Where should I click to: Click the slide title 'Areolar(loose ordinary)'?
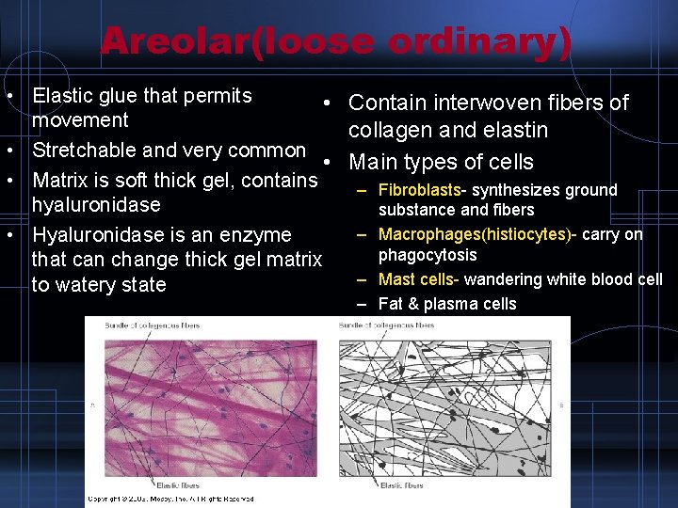click(x=336, y=41)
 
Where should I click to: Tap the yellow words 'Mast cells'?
click(x=415, y=279)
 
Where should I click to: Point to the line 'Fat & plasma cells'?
click(x=446, y=304)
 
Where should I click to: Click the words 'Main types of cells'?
click(x=441, y=162)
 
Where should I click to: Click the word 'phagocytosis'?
click(x=427, y=255)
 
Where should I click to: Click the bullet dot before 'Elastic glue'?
click(x=8, y=97)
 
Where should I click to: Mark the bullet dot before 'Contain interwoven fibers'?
click(x=323, y=103)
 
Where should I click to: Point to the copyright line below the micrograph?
click(x=169, y=499)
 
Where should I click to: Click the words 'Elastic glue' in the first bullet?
click(x=82, y=96)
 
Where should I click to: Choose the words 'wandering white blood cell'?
click(x=563, y=279)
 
